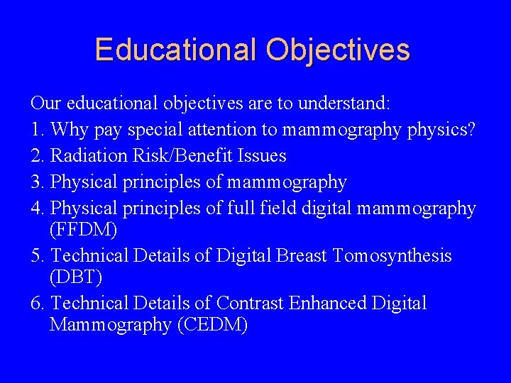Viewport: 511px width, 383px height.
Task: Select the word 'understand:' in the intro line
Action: click(x=344, y=104)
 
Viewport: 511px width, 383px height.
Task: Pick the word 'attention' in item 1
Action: click(x=218, y=130)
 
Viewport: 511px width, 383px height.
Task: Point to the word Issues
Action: click(x=263, y=156)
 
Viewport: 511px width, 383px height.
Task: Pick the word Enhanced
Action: click(x=327, y=304)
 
